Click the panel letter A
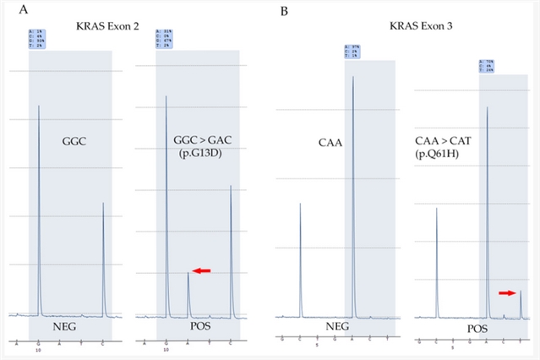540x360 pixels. click(x=13, y=11)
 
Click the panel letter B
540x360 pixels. click(x=286, y=11)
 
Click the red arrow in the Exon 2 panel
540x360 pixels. click(x=200, y=270)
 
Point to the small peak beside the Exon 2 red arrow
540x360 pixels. click(x=188, y=292)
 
